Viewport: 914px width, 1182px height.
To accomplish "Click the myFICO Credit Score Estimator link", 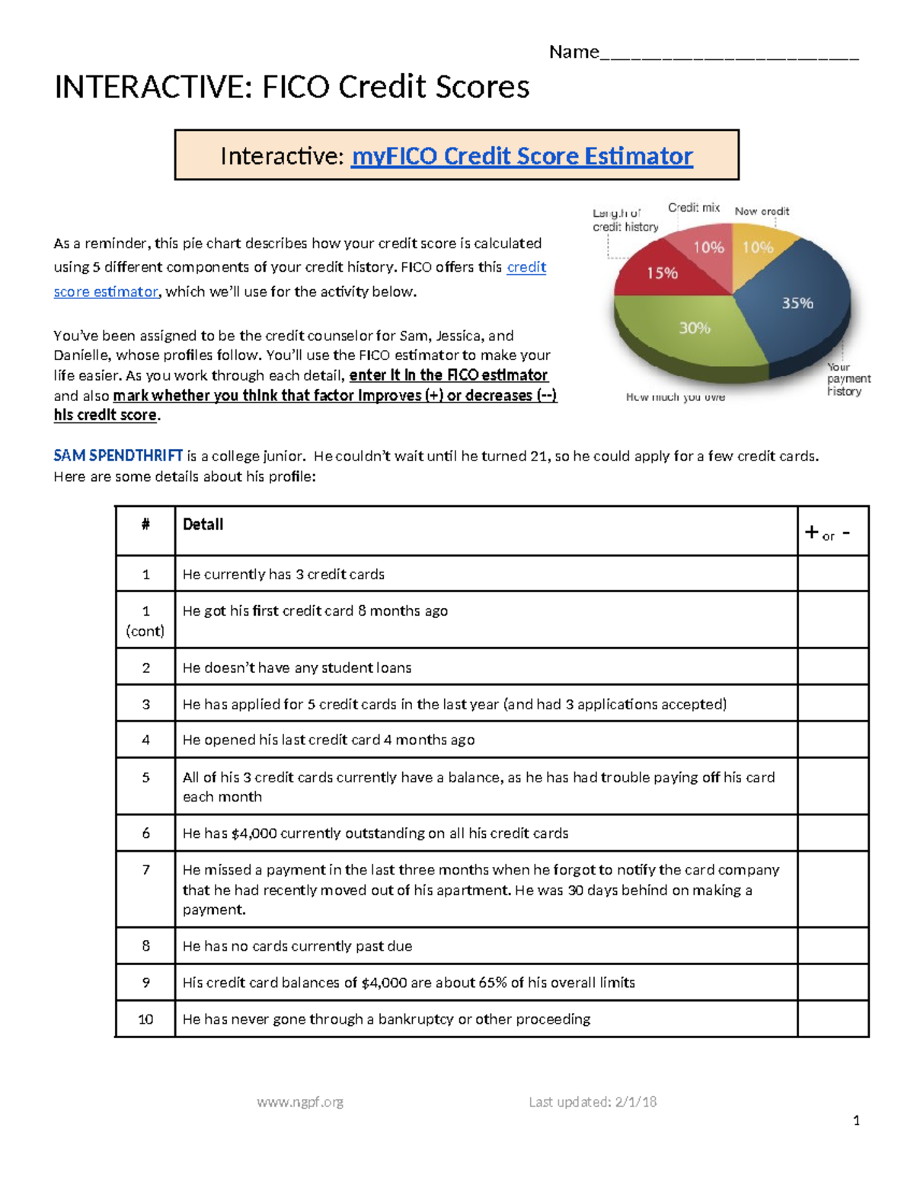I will pyautogui.click(x=521, y=156).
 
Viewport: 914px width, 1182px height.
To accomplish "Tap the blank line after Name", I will pyautogui.click(x=729, y=53).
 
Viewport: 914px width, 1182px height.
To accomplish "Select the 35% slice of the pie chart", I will pyautogui.click(x=796, y=304).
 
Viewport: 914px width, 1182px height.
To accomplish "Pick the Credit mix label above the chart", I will pyautogui.click(x=693, y=208).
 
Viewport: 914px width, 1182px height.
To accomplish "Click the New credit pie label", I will pyautogui.click(x=761, y=212).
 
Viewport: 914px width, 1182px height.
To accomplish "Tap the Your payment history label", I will pyautogui.click(x=847, y=379).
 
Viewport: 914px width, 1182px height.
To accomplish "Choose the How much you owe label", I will pyautogui.click(x=675, y=397).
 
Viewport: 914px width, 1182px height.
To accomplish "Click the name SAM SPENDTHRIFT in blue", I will pyautogui.click(x=118, y=456).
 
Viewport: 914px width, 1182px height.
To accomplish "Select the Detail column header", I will pyautogui.click(x=203, y=524).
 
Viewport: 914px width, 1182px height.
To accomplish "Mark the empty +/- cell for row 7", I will pyautogui.click(x=833, y=889).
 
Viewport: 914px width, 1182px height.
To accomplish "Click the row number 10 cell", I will pyautogui.click(x=145, y=1019).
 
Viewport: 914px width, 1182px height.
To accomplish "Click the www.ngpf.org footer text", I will pyautogui.click(x=300, y=1102).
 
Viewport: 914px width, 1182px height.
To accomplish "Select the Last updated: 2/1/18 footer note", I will pyautogui.click(x=592, y=1102).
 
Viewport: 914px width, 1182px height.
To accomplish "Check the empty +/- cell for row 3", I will pyautogui.click(x=833, y=703).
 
